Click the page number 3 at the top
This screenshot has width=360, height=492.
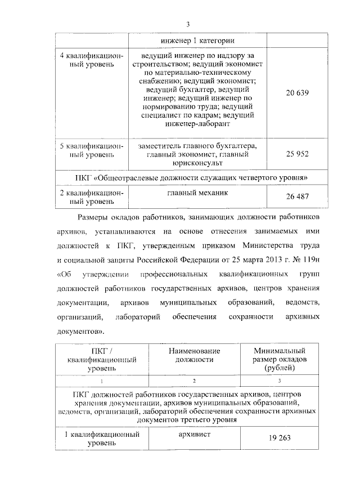point(188,24)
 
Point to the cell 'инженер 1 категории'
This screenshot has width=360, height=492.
point(197,41)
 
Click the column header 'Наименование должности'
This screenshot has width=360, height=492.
point(194,355)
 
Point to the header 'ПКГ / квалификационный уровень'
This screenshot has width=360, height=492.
point(101,359)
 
